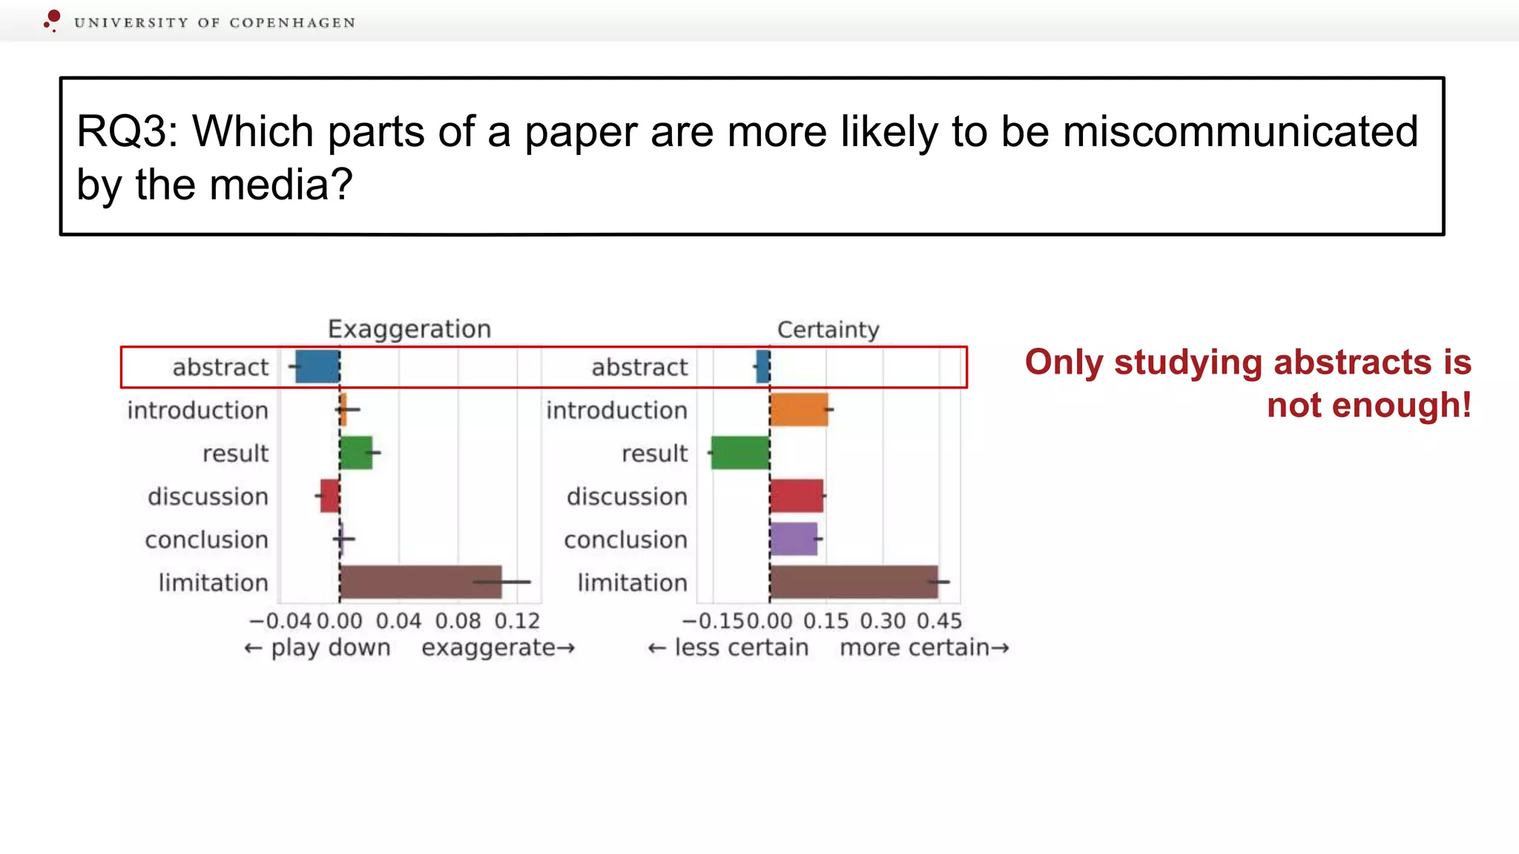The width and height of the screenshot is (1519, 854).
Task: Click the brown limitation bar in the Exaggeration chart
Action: click(x=421, y=582)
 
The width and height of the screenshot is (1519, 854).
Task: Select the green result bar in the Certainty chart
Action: click(x=739, y=453)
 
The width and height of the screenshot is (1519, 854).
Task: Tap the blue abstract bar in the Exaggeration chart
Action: click(x=317, y=367)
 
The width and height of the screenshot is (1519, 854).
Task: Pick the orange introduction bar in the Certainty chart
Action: click(x=799, y=410)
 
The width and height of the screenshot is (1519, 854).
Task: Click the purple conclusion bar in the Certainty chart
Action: click(x=794, y=539)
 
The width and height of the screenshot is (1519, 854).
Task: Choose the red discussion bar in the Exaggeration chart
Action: click(x=330, y=496)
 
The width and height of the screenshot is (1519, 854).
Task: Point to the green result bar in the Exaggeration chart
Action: click(x=356, y=453)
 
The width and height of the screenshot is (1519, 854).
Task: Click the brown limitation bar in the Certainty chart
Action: click(x=854, y=582)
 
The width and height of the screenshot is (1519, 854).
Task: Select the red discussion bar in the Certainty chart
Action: click(x=797, y=496)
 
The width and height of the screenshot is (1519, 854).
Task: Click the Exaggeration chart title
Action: click(x=409, y=329)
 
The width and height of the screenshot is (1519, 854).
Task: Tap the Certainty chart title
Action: click(x=828, y=329)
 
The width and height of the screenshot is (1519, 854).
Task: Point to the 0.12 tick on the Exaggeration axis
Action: click(x=517, y=621)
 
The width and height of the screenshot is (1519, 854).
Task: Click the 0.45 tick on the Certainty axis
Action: click(x=939, y=621)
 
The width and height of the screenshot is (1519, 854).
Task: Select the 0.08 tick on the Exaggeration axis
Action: click(x=458, y=621)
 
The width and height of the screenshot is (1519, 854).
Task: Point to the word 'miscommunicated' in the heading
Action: click(x=1239, y=132)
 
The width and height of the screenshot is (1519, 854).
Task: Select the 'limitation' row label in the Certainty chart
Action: click(x=633, y=583)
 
